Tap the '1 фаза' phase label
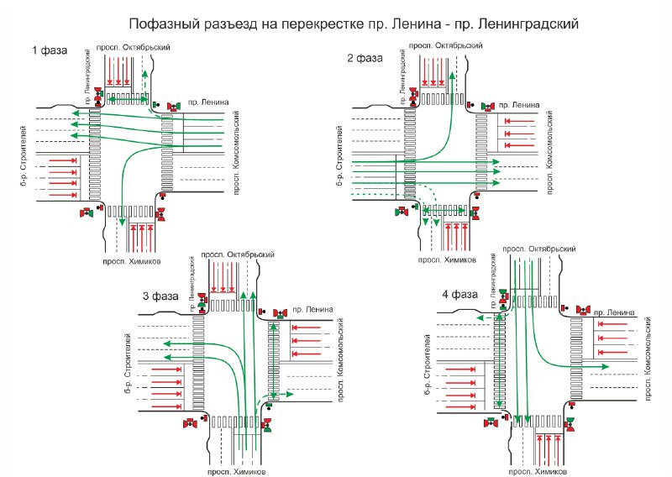pos(50,50)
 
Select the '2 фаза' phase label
pos(365,58)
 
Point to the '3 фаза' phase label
pos(160,296)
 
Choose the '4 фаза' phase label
pos(459,295)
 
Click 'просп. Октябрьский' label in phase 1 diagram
pos(134,47)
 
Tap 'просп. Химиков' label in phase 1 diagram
pos(132,261)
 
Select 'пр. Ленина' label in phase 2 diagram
pos(519,105)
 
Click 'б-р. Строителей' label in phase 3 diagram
pos(129,364)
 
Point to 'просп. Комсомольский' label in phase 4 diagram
pos(647,359)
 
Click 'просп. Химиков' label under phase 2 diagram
pos(447,259)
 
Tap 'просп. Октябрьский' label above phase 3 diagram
pos(238,254)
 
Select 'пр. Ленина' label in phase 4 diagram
pos(614,312)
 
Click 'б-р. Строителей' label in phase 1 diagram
pos(24,156)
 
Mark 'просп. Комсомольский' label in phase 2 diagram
pos(550,153)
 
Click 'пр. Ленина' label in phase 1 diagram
pos(208,102)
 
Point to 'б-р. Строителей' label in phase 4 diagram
pos(428,364)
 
